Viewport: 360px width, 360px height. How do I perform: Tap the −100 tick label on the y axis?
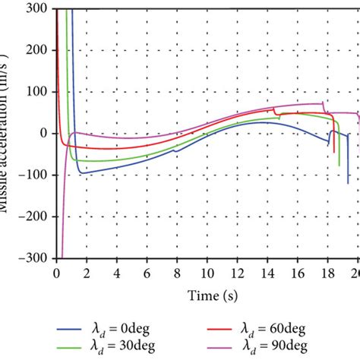[x=36, y=175]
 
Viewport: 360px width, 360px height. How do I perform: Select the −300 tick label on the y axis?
[x=36, y=257]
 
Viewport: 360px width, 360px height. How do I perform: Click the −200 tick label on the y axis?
[x=36, y=216]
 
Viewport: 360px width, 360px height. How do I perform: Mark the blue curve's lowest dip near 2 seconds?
[x=81, y=173]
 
